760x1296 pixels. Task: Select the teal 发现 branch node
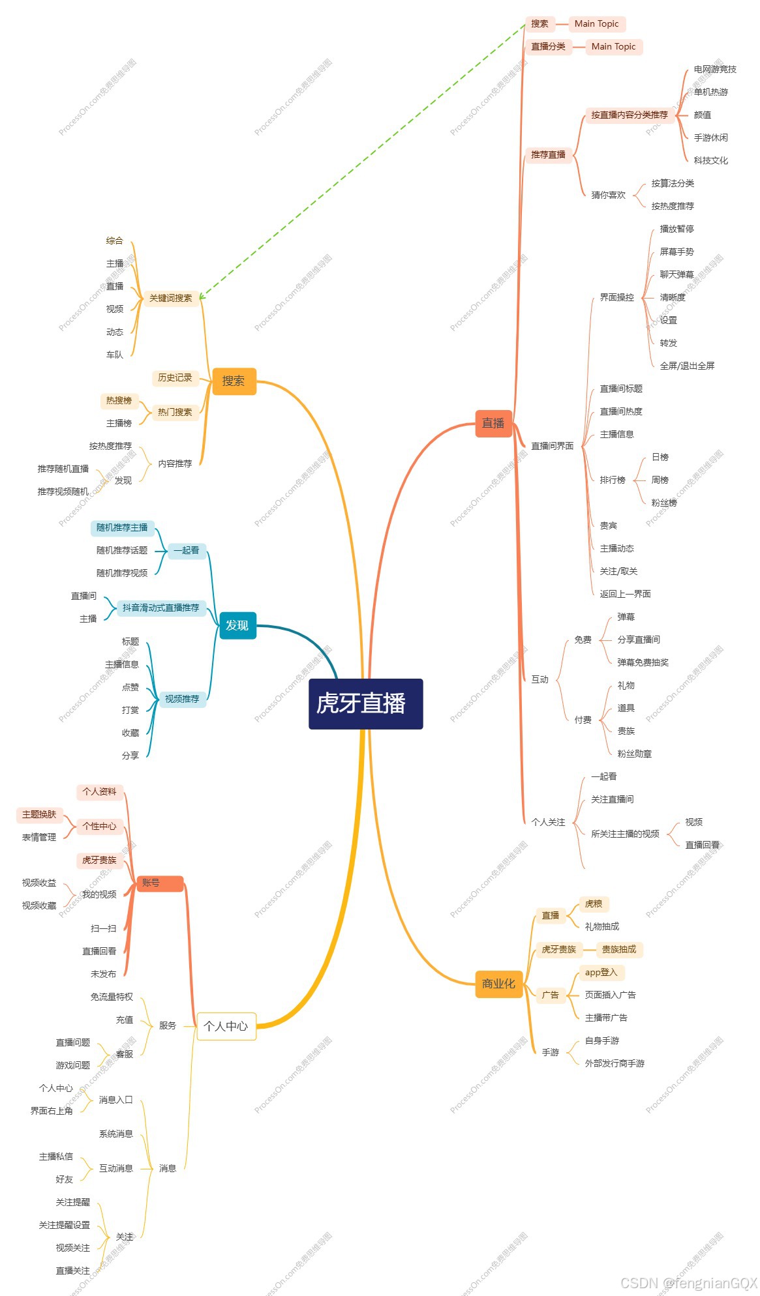click(237, 625)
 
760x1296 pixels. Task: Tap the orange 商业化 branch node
click(498, 984)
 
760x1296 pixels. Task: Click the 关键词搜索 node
click(171, 299)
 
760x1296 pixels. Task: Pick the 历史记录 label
click(175, 378)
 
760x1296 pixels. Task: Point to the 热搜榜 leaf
click(119, 401)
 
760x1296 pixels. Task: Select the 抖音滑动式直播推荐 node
click(160, 608)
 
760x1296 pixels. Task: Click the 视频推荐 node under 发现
click(182, 700)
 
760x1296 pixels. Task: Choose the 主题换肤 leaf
click(39, 815)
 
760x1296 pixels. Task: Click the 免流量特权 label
click(112, 997)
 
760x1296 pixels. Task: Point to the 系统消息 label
click(116, 1134)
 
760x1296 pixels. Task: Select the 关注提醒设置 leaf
click(65, 1226)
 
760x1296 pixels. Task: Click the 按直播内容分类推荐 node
click(630, 115)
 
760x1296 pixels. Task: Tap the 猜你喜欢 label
click(608, 195)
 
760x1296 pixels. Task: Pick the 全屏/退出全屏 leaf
click(687, 366)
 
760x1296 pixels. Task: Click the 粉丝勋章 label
click(634, 754)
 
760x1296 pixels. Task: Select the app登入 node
click(601, 973)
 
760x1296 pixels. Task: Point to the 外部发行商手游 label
click(615, 1064)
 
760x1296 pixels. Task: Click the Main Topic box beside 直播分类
click(613, 47)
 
